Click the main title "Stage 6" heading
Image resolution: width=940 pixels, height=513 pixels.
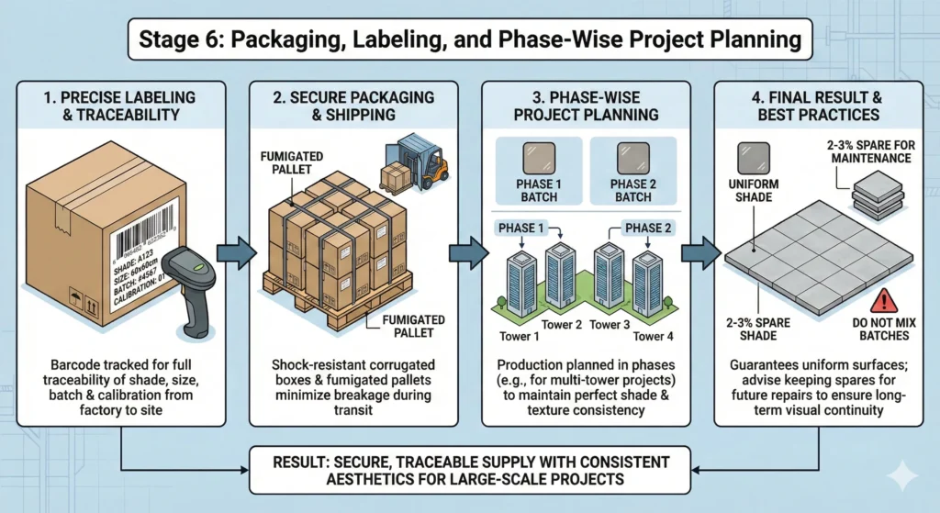(470, 39)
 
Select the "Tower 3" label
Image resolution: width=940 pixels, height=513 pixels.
(610, 325)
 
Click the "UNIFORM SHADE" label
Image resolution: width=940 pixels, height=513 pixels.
(756, 191)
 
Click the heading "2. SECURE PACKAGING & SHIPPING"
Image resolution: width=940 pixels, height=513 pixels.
(354, 106)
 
